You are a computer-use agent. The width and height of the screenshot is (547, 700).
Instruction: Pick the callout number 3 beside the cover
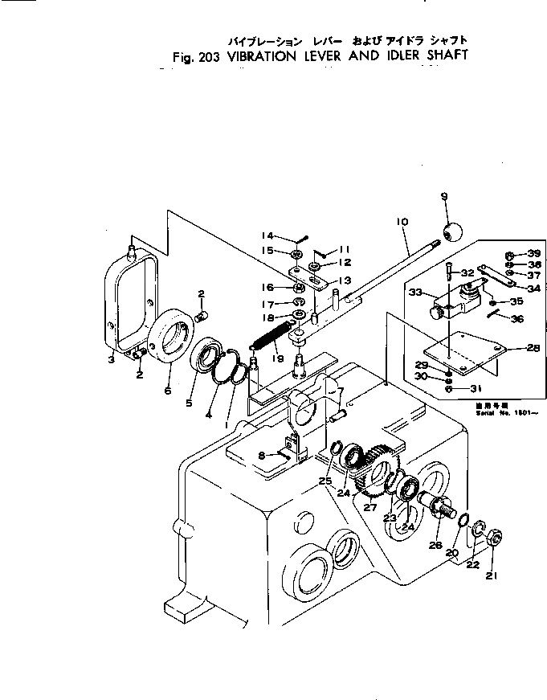[x=112, y=361]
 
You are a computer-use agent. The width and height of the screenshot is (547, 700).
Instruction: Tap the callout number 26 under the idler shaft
[x=436, y=545]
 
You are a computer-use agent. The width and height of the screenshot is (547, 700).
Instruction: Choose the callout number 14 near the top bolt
[x=268, y=235]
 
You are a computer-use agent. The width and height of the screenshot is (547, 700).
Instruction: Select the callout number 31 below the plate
[x=476, y=388]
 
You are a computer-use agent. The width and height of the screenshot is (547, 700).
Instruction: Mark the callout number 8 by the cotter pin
[x=262, y=455]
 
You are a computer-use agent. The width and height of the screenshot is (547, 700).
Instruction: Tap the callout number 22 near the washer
[x=473, y=564]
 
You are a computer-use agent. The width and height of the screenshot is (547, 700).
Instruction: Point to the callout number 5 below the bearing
[x=190, y=403]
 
